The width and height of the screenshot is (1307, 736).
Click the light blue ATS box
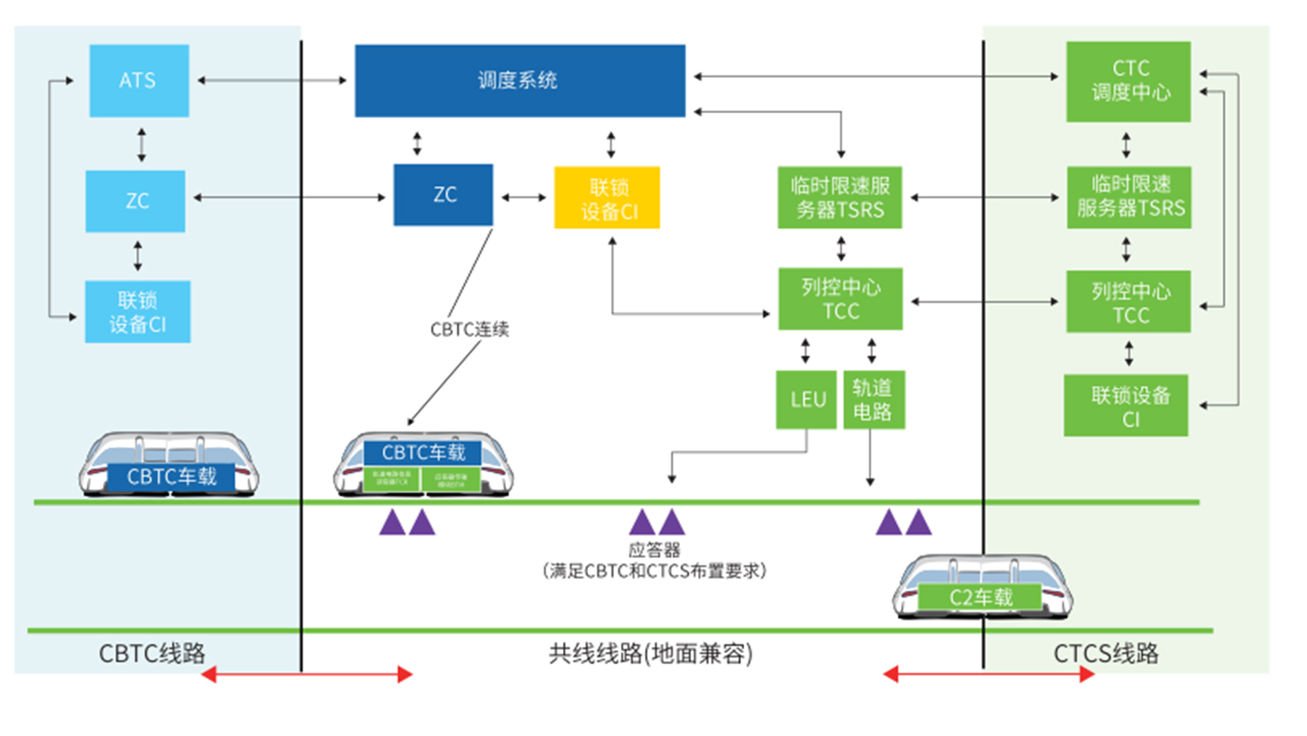pyautogui.click(x=138, y=80)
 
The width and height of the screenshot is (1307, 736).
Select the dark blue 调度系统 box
pyautogui.click(x=519, y=80)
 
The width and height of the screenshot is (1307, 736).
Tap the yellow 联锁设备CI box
pyautogui.click(x=607, y=198)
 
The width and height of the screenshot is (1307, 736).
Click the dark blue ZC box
pyautogui.click(x=443, y=195)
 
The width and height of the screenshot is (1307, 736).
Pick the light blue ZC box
pyautogui.click(x=135, y=201)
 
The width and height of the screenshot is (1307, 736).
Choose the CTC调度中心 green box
pyautogui.click(x=1129, y=81)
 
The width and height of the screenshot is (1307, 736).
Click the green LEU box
pyautogui.click(x=807, y=400)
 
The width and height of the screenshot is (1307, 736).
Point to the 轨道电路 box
pyautogui.click(x=873, y=400)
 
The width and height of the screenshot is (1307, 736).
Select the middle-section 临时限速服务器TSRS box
pyautogui.click(x=841, y=198)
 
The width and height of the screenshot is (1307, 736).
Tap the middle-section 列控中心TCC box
pyautogui.click(x=841, y=299)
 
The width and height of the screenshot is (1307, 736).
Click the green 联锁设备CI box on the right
pyautogui.click(x=1127, y=405)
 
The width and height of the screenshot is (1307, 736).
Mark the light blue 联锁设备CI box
pyautogui.click(x=137, y=312)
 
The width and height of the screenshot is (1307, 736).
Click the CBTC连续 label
pyautogui.click(x=470, y=330)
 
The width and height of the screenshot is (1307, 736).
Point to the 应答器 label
pyautogui.click(x=654, y=550)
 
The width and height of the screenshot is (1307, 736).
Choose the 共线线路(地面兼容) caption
pyautogui.click(x=651, y=654)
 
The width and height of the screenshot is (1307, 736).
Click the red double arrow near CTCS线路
pyautogui.click(x=989, y=673)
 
